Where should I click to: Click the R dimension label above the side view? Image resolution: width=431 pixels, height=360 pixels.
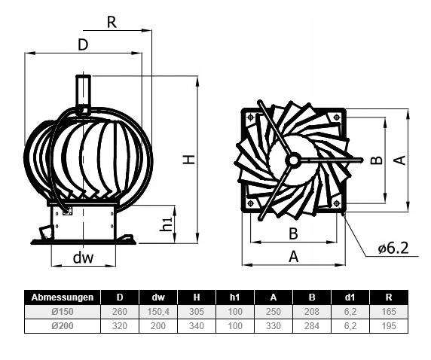coord(112,23)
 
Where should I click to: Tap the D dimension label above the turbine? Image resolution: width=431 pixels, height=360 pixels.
coord(83,44)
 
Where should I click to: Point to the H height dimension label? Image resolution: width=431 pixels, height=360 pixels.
coord(189,160)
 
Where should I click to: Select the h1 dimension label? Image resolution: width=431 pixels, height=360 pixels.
coord(167,224)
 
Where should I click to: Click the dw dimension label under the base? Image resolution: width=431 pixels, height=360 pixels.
coord(83,258)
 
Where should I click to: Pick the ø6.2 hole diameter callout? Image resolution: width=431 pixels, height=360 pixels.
coord(393,248)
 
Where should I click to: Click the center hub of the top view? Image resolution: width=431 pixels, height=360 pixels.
coord(293,160)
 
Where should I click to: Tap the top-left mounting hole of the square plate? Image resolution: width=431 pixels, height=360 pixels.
coord(250,117)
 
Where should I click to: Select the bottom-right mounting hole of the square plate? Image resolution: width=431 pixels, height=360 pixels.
coord(337,203)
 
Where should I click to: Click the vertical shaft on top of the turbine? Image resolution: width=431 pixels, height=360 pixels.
coord(84,91)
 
